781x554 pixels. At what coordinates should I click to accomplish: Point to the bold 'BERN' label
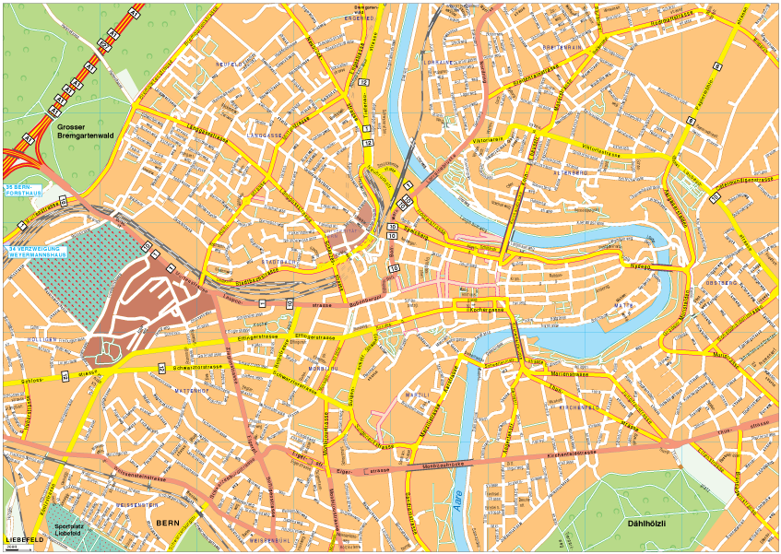coord(167,524)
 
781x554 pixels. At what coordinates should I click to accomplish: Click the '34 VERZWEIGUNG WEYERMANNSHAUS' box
coord(36,252)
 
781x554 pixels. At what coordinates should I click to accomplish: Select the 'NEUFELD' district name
coord(228,64)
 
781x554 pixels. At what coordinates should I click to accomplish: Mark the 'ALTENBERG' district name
coord(570,172)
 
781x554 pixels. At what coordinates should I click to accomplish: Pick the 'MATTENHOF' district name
coord(196,391)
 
